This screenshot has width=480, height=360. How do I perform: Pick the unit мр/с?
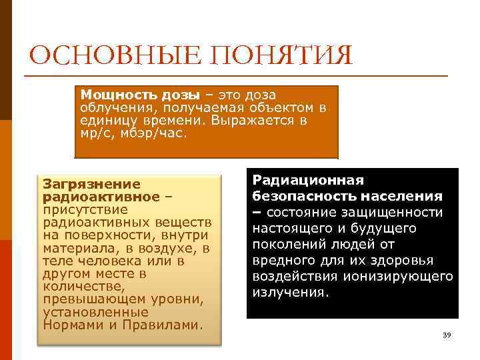coord(96,132)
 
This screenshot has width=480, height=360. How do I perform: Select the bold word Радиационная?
coord(307,180)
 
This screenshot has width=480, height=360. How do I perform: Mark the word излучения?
coord(290,292)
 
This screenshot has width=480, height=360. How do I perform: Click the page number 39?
coord(447,335)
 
